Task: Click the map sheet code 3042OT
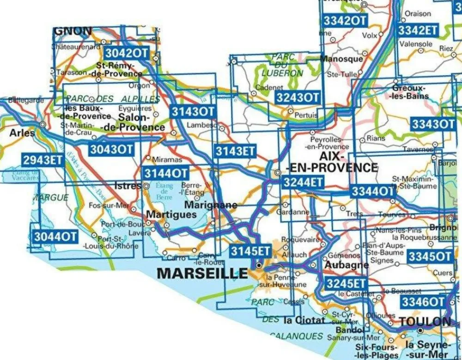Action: coord(127,53)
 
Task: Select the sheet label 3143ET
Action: coord(236,151)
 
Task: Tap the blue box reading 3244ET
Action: coord(303,182)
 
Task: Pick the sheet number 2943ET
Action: coord(42,160)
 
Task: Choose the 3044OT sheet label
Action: coord(55,236)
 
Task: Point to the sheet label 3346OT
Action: coord(423,302)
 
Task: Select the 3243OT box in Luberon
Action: coord(298,97)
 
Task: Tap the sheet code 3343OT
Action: coord(433,124)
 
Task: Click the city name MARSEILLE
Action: coord(202,273)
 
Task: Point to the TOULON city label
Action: coord(425,321)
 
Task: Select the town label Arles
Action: coord(22,133)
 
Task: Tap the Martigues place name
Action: coord(171,215)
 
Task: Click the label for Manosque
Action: coord(341,59)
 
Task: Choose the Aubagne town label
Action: coord(346,265)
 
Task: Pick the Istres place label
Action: coord(127,186)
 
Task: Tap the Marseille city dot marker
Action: coord(259,266)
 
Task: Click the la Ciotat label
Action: coord(302,319)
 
